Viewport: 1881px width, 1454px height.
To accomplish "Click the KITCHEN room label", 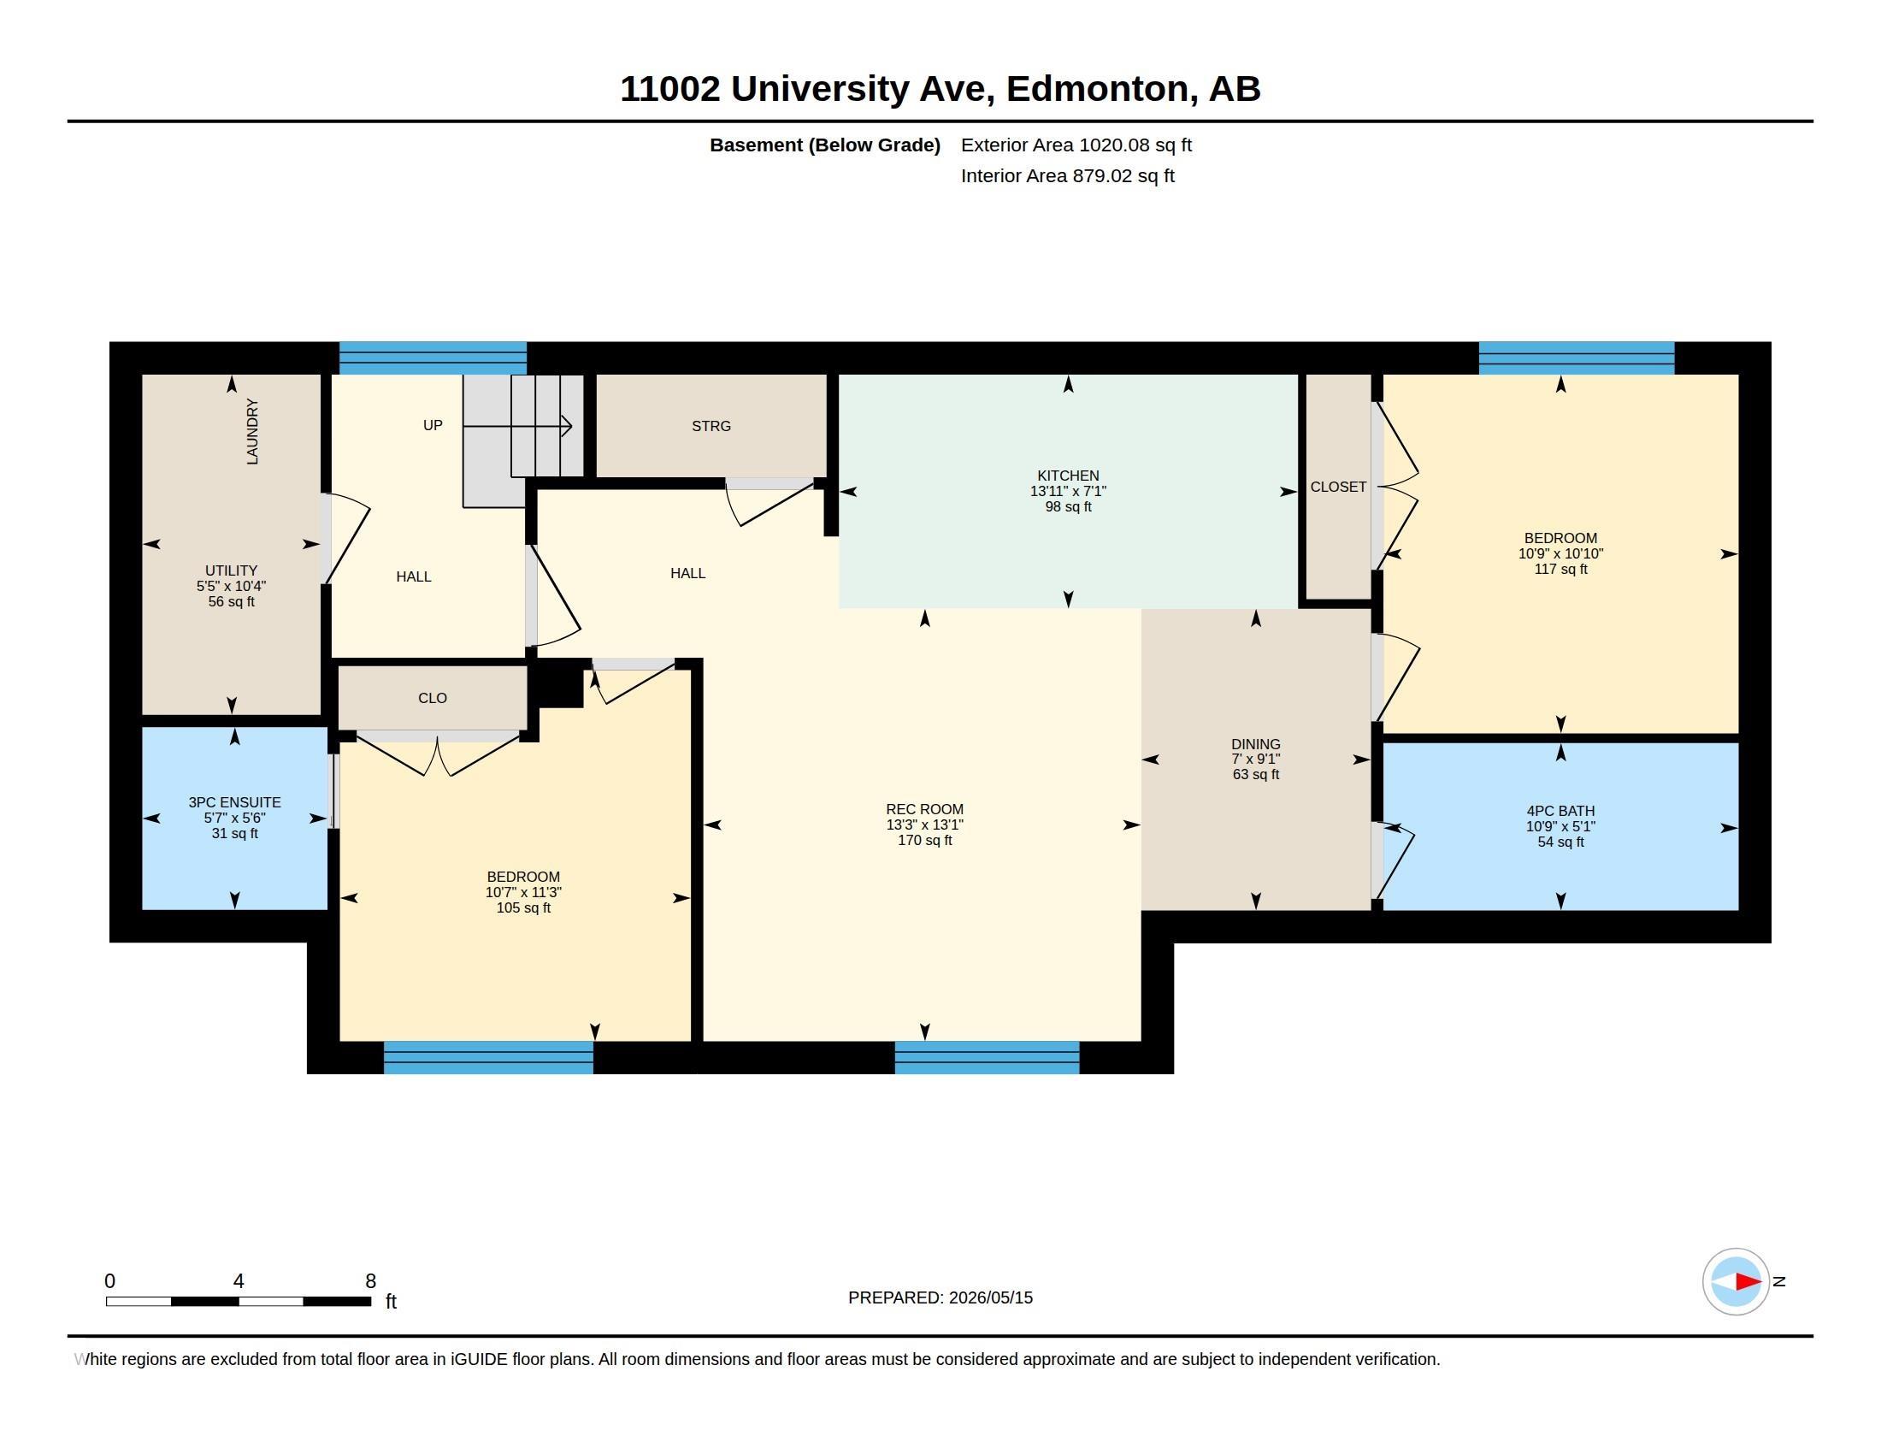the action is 1068,476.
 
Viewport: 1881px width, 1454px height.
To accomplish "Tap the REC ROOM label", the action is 924,809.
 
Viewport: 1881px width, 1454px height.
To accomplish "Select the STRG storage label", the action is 711,426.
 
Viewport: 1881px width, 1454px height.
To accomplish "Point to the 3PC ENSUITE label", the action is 234,802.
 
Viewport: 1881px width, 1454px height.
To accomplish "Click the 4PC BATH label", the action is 1560,811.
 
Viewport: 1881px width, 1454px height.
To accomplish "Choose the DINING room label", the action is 1255,743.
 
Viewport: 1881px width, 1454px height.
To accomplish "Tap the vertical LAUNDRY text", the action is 252,431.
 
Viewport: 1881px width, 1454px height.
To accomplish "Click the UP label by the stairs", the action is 433,425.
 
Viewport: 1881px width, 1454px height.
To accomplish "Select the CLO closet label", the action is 433,698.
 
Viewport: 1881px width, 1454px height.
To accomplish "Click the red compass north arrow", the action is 1748,1281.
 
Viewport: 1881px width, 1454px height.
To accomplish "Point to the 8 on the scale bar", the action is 370,1280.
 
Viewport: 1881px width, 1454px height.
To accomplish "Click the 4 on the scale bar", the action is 239,1280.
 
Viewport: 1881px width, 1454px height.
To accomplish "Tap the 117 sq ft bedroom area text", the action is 1560,569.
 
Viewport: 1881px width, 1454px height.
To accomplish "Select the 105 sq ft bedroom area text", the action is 522,907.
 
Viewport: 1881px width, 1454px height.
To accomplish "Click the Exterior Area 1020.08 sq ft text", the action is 1076,145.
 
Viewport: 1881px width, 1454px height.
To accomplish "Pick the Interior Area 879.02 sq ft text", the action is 1067,175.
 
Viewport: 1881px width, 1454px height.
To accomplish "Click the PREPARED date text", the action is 940,1297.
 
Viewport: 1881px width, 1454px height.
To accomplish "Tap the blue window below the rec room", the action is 986,1057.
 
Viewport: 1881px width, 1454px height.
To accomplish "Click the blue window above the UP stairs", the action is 433,358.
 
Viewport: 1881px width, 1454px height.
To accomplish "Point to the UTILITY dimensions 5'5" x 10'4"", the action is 231,586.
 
